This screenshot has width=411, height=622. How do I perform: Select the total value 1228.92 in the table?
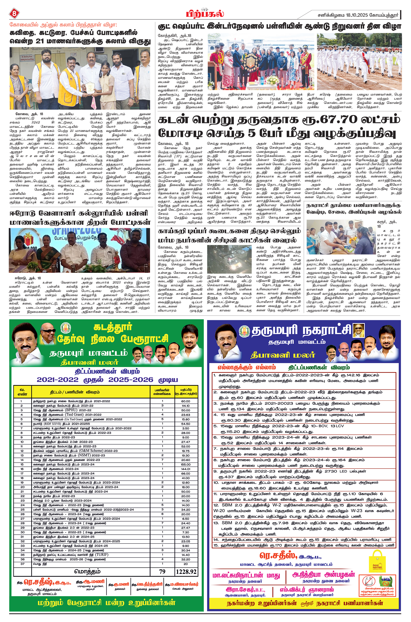pyautogui.click(x=186, y=572)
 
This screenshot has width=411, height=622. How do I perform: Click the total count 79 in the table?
pyautogui.click(x=162, y=572)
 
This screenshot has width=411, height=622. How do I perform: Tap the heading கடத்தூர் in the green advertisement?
pyautogui.click(x=113, y=327)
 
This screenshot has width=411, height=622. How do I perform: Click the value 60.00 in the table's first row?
pyautogui.click(x=186, y=401)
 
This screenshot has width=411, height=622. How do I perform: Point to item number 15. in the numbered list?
pyautogui.click(x=216, y=545)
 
